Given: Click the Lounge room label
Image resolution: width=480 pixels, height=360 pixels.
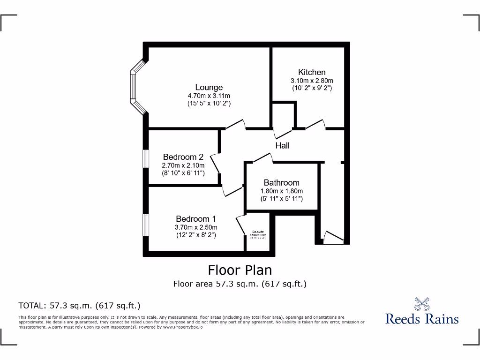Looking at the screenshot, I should (209, 87).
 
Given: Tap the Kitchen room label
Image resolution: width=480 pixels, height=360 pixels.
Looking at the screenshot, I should (312, 72).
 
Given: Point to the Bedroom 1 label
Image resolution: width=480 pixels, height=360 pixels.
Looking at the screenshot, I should (196, 219).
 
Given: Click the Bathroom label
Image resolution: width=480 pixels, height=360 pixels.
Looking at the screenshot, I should (281, 183).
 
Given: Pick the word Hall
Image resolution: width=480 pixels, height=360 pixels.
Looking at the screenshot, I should (282, 146).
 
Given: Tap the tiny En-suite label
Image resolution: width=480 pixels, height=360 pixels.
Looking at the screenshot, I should (258, 232).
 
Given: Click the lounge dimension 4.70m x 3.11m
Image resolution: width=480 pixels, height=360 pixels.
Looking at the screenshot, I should (209, 96).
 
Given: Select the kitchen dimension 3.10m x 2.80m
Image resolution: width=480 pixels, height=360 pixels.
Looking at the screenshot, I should (312, 81).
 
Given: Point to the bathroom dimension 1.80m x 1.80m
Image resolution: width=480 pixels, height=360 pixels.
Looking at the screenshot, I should (281, 191).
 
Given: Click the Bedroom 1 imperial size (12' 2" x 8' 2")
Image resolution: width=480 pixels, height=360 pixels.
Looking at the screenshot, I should (196, 235).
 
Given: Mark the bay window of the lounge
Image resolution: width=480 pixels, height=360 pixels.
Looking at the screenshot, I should (135, 87).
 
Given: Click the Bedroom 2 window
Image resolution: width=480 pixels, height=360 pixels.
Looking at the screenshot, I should (146, 164).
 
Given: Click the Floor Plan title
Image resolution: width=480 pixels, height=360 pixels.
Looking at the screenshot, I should (240, 270).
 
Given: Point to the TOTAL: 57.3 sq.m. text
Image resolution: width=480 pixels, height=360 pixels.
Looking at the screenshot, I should (79, 306).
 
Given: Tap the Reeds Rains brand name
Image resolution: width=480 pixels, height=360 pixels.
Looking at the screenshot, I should (422, 319).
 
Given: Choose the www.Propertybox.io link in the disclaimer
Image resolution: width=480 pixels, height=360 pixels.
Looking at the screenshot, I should (183, 327).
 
